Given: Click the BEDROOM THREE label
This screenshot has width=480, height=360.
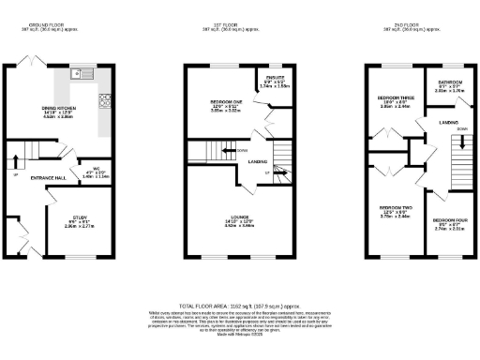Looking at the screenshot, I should point(396,97).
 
